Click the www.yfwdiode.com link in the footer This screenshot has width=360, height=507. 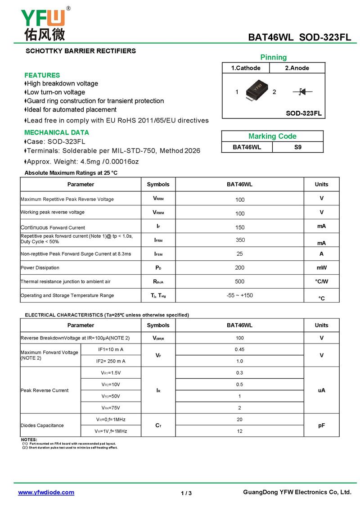pyautogui.click(x=46, y=493)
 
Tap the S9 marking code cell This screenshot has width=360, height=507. pyautogui.click(x=298, y=147)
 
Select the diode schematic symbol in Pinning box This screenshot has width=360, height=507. pyautogui.click(x=302, y=92)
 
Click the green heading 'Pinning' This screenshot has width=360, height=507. pyautogui.click(x=273, y=57)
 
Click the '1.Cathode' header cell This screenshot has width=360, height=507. pyautogui.click(x=246, y=68)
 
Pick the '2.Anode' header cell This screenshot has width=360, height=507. pyautogui.click(x=297, y=68)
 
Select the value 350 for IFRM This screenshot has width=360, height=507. pyautogui.click(x=240, y=240)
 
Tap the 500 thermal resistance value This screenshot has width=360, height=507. pyautogui.click(x=240, y=281)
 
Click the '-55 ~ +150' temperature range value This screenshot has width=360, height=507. pyautogui.click(x=240, y=295)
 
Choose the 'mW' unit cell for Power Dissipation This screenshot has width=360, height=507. pyautogui.click(x=321, y=268)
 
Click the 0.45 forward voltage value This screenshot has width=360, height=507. pyautogui.click(x=239, y=349)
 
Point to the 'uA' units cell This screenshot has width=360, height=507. pyautogui.click(x=321, y=390)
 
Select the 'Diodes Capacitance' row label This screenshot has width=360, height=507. pyautogui.click(x=42, y=426)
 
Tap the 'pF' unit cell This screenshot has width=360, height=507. pyautogui.click(x=321, y=426)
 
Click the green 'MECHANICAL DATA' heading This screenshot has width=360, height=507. pyautogui.click(x=57, y=132)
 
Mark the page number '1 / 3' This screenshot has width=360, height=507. pyautogui.click(x=186, y=493)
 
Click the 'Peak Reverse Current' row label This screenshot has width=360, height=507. pyautogui.click(x=45, y=390)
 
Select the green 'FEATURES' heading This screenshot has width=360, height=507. pyautogui.click(x=42, y=75)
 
